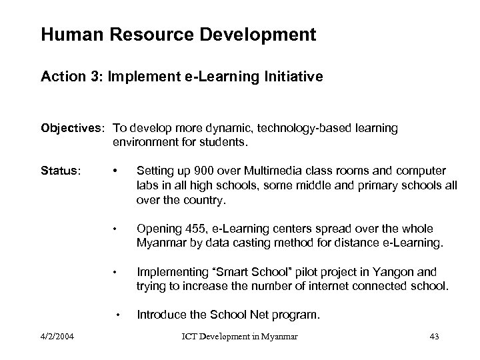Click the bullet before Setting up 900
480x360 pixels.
click(117, 171)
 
